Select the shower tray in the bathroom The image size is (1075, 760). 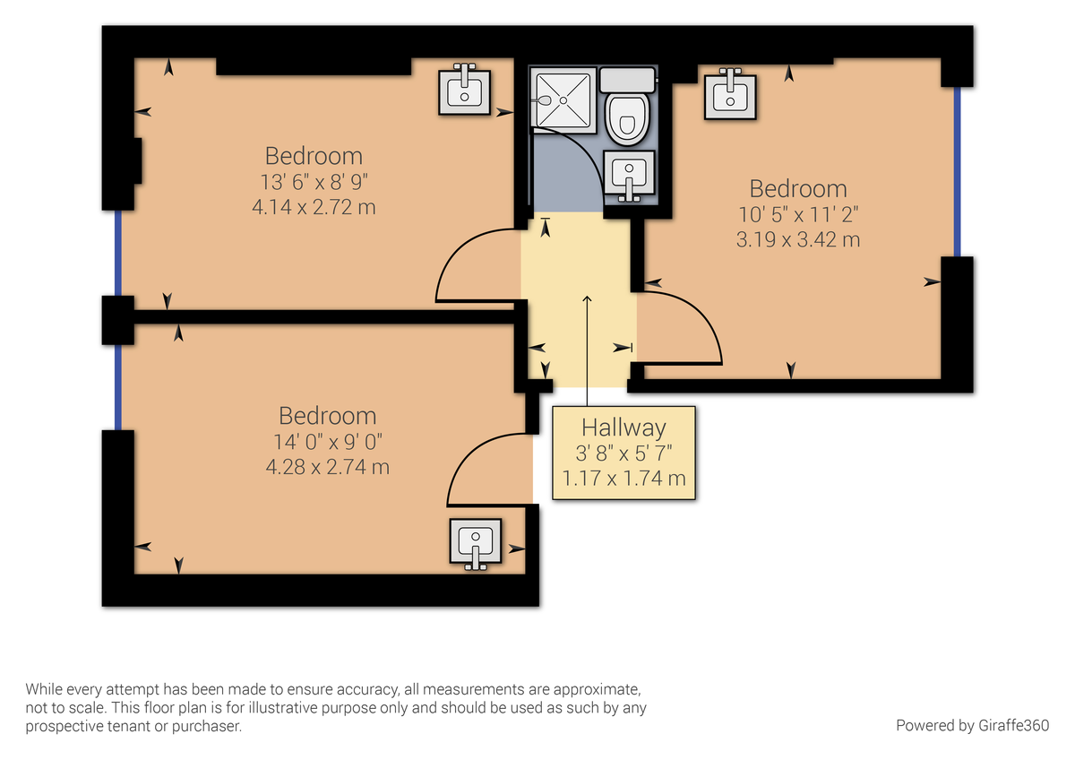562,100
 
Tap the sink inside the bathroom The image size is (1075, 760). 630,173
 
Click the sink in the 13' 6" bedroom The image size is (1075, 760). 464,90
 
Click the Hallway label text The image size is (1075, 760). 623,427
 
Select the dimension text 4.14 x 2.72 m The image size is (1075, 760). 314,207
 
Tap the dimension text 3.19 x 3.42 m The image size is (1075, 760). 798,239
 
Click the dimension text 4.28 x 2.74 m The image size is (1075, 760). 327,467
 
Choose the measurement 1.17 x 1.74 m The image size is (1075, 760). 623,478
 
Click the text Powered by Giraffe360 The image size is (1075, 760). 972,724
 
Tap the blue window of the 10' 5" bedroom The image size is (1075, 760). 956,171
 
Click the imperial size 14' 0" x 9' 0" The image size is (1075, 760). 327,442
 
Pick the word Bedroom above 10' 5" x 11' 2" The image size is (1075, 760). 798,189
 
